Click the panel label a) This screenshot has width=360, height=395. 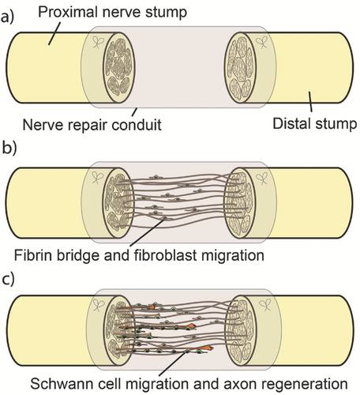[x=7, y=17]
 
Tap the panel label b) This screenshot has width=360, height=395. [x=9, y=147]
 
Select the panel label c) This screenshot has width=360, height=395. [x=8, y=280]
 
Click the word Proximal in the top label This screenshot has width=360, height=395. [x=67, y=12]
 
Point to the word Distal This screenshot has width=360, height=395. [x=292, y=123]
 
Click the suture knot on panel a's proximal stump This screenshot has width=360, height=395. [x=97, y=43]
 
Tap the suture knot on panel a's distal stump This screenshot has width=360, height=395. [x=262, y=43]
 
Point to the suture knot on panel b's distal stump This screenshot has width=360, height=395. [x=262, y=179]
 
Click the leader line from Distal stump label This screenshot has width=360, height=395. [x=310, y=102]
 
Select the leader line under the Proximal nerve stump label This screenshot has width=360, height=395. [x=54, y=33]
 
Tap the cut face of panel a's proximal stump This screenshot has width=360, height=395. [x=118, y=67]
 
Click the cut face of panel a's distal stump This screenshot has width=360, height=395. [x=240, y=67]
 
